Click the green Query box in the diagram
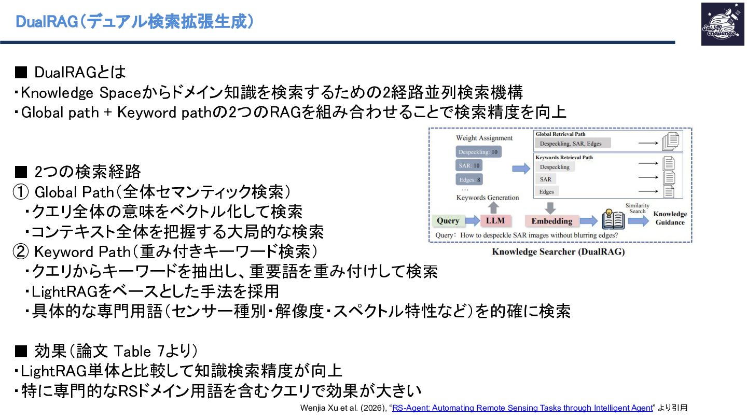coord(448,221)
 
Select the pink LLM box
coord(495,221)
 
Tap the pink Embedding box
coord(551,221)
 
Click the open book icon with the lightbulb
coord(613,219)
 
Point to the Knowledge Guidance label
coord(670,218)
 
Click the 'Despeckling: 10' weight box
coord(478,152)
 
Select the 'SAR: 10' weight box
coord(469,166)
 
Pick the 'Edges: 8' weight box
coord(469,179)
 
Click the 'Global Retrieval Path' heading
coord(561,134)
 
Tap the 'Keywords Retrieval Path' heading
coord(564,157)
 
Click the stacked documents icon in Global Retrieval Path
coord(671,142)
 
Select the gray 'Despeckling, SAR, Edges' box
coord(573,143)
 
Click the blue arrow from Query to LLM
coord(473,220)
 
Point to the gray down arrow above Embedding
coord(550,208)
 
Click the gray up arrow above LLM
coord(493,207)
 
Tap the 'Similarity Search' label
coord(637,208)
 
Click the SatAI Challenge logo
coord(723,24)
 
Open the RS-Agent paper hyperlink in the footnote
coord(522,408)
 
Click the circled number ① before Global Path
coord(21,192)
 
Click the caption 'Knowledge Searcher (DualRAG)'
coord(558,251)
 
